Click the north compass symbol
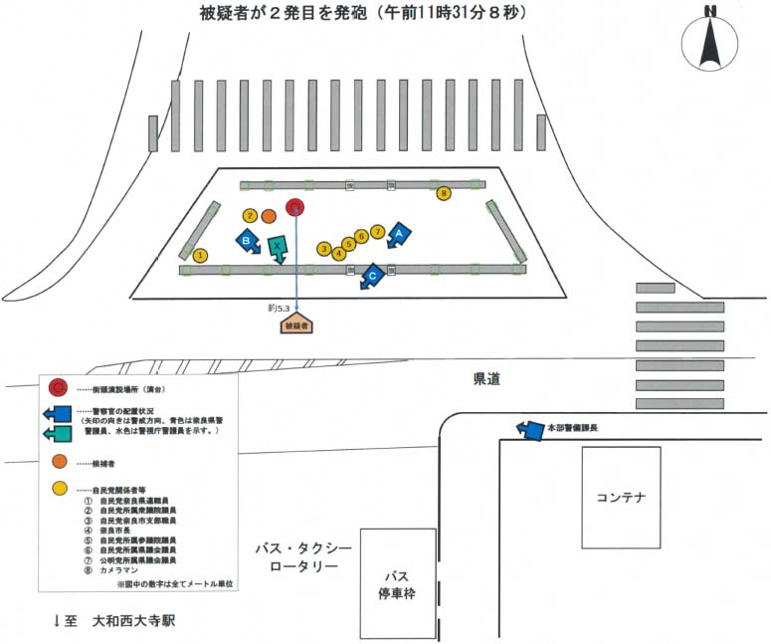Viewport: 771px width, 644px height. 710,41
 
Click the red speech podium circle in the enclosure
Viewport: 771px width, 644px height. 294,207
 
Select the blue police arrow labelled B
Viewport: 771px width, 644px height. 247,241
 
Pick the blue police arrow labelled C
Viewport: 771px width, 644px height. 371,276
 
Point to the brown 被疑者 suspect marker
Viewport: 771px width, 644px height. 297,324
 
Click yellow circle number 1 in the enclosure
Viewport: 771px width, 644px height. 201,256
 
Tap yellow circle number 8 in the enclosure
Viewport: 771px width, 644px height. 444,192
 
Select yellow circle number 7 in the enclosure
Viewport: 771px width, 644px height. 376,232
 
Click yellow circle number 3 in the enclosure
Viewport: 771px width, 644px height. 324,248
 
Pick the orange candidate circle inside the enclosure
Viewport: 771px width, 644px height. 269,215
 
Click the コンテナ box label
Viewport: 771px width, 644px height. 621,497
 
